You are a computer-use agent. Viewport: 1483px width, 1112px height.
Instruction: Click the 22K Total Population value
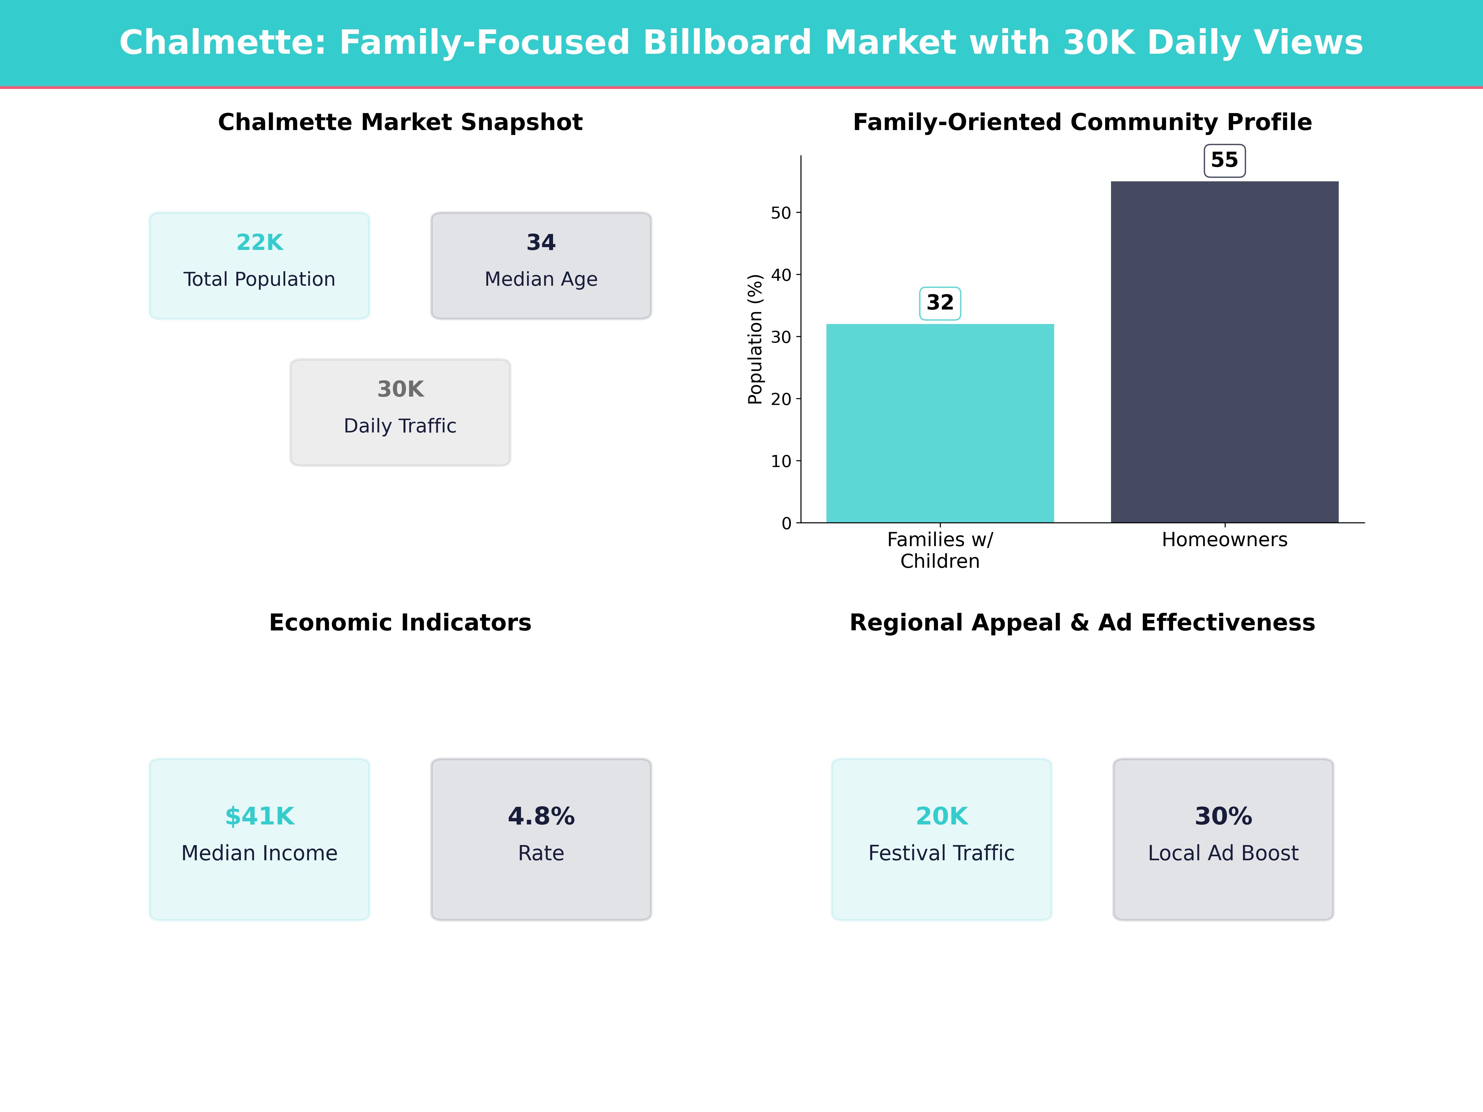(260, 242)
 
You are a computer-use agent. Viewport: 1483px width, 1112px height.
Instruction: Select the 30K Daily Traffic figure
(400, 389)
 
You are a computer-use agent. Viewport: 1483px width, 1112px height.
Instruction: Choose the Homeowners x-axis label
(1224, 540)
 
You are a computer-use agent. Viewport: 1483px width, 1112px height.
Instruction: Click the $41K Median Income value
(260, 816)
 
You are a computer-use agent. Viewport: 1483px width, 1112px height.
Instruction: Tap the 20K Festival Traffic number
(941, 816)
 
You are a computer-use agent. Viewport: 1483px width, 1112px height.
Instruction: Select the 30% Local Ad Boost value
(1223, 816)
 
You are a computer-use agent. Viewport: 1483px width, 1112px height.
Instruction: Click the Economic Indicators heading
(400, 623)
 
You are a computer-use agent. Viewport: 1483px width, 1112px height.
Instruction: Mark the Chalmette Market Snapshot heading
(400, 122)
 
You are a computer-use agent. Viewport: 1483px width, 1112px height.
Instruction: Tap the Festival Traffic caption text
(941, 853)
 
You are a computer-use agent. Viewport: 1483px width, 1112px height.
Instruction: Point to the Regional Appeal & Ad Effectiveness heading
(1082, 623)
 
